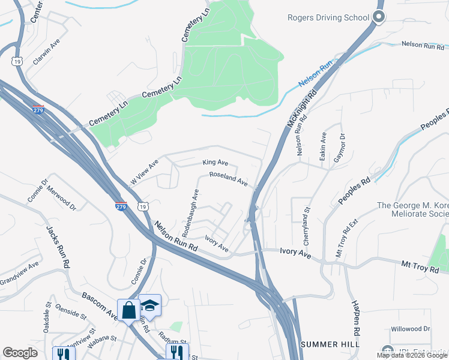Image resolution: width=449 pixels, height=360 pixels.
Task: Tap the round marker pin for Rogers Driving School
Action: point(379,17)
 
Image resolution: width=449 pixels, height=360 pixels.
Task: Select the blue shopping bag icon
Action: point(128,310)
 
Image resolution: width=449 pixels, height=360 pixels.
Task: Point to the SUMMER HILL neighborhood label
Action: point(330,344)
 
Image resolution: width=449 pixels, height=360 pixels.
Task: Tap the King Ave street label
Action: point(215,163)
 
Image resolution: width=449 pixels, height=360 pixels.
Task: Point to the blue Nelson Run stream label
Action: point(316,74)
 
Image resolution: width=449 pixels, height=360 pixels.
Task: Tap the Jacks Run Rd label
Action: point(58,247)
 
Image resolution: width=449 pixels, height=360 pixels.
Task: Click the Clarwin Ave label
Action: point(47,53)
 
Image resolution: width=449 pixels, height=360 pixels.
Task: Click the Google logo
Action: point(20,353)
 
